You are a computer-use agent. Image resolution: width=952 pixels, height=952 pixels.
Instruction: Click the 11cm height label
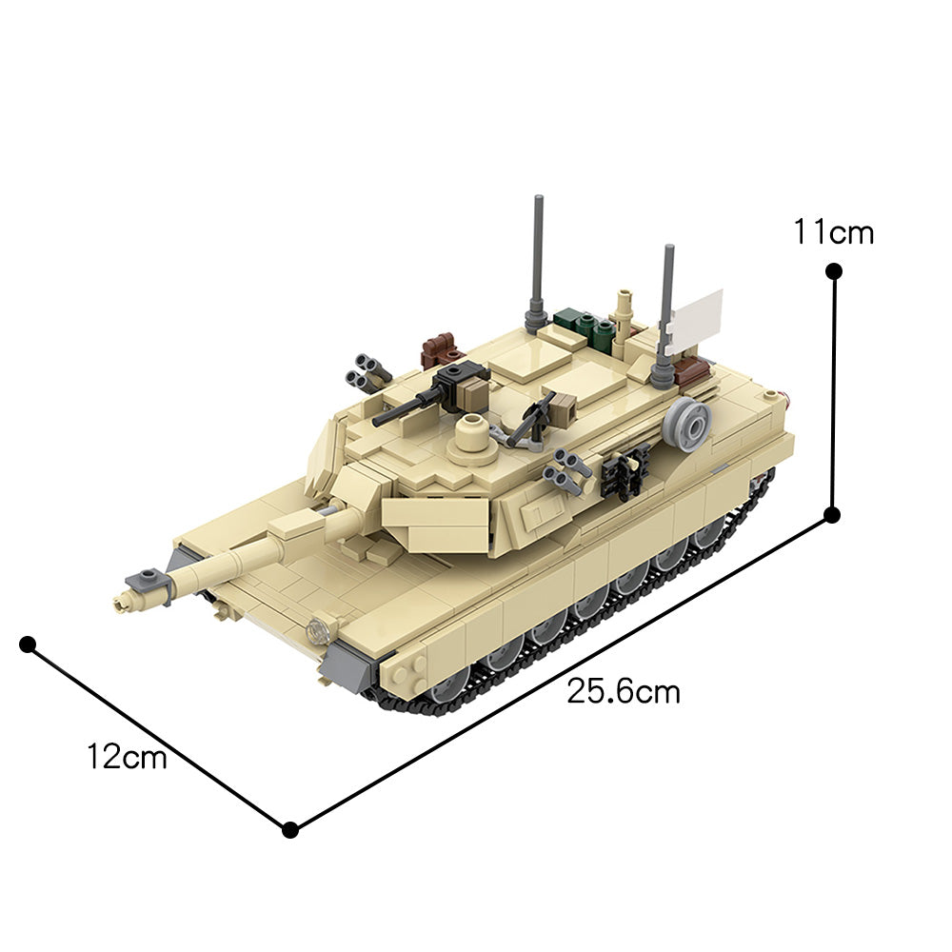[x=834, y=231]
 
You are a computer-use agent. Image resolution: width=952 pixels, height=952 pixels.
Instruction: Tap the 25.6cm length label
[x=624, y=691]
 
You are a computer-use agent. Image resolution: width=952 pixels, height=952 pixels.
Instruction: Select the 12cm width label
[x=127, y=758]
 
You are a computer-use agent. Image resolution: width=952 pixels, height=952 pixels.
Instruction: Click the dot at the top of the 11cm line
[x=834, y=271]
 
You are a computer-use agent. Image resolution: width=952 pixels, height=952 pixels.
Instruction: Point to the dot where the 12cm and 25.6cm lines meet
[x=291, y=829]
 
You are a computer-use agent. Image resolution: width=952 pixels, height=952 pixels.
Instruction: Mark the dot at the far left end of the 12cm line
[x=28, y=645]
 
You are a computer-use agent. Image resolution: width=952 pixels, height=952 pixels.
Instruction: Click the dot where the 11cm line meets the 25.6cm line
[x=831, y=515]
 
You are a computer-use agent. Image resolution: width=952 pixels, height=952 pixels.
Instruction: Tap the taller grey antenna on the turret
[x=538, y=257]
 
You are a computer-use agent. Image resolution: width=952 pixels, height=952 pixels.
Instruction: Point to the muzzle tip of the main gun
[x=121, y=601]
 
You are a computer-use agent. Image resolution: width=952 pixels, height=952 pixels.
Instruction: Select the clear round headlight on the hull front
[x=319, y=629]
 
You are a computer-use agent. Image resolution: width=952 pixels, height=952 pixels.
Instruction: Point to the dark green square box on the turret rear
[x=567, y=319]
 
